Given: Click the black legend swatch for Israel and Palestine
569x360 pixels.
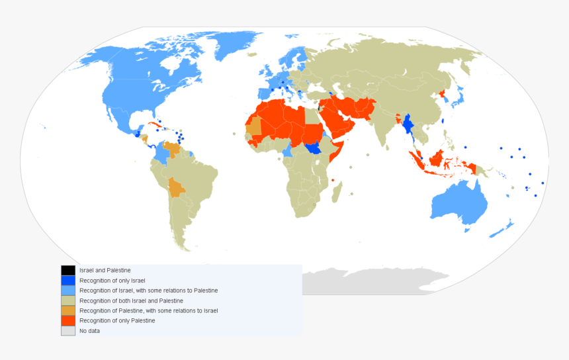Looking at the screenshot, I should click(67, 270).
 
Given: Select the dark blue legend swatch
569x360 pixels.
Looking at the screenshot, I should click(67, 280).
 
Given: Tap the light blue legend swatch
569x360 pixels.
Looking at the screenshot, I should click(67, 290).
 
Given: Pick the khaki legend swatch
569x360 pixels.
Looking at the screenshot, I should click(67, 300).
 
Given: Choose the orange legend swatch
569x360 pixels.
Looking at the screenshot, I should click(67, 310).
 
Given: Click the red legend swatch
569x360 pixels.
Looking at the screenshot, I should click(67, 320).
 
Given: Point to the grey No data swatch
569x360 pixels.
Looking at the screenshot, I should click(67, 330).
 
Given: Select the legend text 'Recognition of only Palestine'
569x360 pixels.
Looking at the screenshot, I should click(117, 320).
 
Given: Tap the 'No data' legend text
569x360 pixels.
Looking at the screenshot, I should click(89, 330).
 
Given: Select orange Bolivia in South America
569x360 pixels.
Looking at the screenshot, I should click(177, 187).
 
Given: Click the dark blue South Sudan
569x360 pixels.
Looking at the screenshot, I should click(316, 148).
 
